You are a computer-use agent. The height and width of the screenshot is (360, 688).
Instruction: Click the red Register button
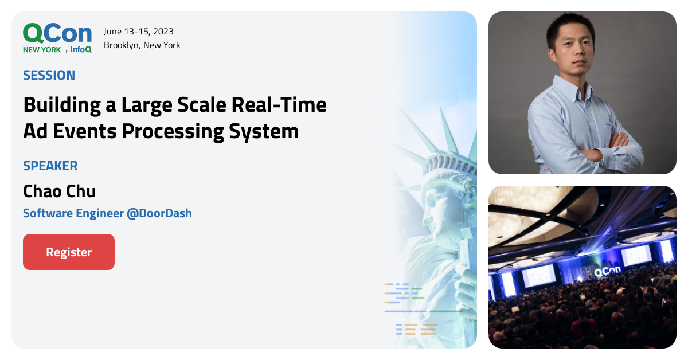[x=69, y=252]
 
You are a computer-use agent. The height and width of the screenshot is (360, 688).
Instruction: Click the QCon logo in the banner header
[x=57, y=34]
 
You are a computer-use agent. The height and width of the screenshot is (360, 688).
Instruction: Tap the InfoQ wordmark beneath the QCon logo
[x=81, y=50]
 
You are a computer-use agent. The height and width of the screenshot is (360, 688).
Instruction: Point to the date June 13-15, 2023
[x=139, y=32]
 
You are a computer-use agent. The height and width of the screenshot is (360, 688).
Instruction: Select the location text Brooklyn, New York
[x=142, y=45]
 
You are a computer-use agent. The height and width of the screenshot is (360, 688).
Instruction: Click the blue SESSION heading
[x=49, y=75]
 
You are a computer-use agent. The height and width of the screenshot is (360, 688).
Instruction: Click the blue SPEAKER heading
[x=50, y=166]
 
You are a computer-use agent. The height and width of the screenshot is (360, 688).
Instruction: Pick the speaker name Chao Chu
[x=59, y=191]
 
